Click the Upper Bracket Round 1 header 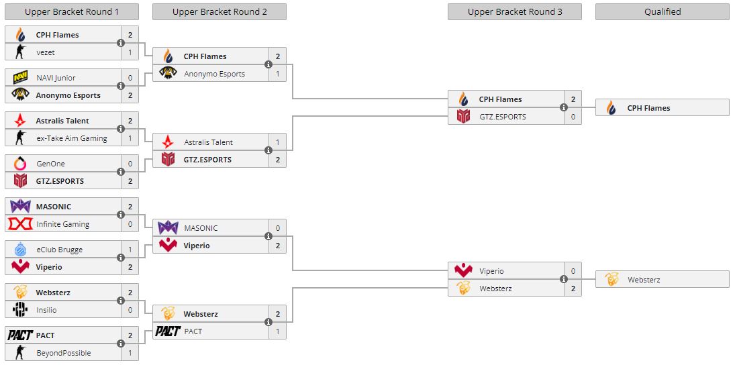point(71,11)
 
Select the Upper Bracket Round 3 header point(514,11)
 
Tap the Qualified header point(662,11)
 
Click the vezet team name point(46,52)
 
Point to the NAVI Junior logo point(20,78)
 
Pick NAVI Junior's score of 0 point(130,78)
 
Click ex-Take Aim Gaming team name point(71,138)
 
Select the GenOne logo point(20,164)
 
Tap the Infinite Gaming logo point(20,224)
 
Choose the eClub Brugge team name point(59,250)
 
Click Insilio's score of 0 point(130,310)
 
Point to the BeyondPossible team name point(63,353)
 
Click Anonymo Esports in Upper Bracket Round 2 point(214,74)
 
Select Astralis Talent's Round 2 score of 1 point(278,142)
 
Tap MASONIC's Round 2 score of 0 point(278,228)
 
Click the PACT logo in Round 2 point(168,331)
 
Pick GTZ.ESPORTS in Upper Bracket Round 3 point(502,117)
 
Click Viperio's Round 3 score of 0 point(573,271)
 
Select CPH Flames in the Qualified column point(648,108)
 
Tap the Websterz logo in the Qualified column point(611,280)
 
